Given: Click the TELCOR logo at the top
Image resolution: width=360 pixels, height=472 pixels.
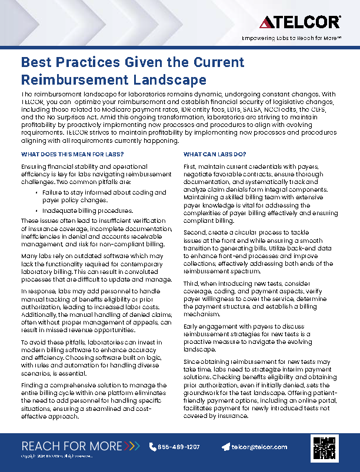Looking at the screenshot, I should tap(299, 22).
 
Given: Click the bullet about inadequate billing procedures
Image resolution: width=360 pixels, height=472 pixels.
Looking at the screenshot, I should tap(88, 210).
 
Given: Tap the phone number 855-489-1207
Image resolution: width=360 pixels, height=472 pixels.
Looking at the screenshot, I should tap(179, 447).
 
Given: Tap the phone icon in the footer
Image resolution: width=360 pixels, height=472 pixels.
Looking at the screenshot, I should tap(153, 447).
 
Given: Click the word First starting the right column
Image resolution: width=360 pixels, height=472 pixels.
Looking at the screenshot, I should tap(190, 168).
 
